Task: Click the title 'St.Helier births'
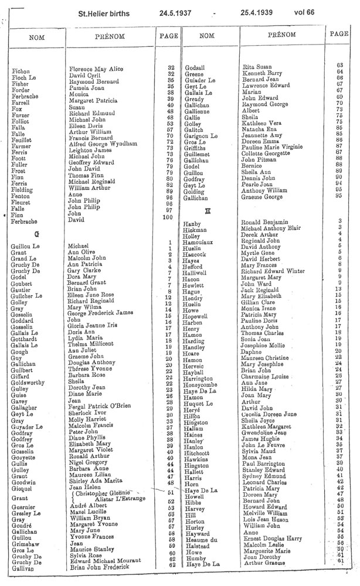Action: tap(104, 12)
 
